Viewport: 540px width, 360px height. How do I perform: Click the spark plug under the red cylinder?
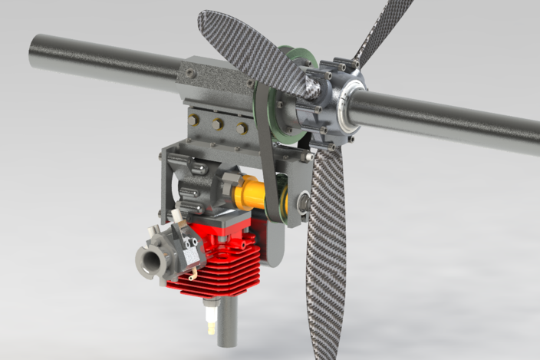click(208, 318)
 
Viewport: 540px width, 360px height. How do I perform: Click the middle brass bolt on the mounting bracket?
click(218, 124)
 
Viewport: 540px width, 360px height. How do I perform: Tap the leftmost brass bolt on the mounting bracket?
click(194, 119)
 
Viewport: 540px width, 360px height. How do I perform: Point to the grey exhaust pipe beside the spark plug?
click(228, 322)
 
